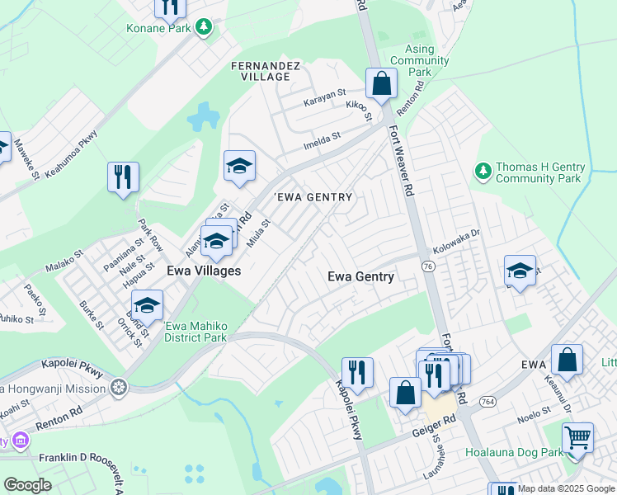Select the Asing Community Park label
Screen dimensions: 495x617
point(420,61)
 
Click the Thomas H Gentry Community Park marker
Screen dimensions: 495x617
point(483,172)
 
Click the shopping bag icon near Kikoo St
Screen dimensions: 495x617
point(382,83)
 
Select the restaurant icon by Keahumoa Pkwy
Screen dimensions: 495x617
point(123,177)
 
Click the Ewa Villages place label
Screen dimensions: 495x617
point(204,271)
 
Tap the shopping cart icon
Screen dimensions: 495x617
point(578,437)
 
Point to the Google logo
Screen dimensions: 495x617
point(27,485)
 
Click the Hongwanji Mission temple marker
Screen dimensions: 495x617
point(120,387)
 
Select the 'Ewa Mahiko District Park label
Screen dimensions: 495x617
point(195,332)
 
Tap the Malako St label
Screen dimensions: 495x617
point(65,262)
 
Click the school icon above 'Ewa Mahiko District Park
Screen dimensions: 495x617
point(147,307)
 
